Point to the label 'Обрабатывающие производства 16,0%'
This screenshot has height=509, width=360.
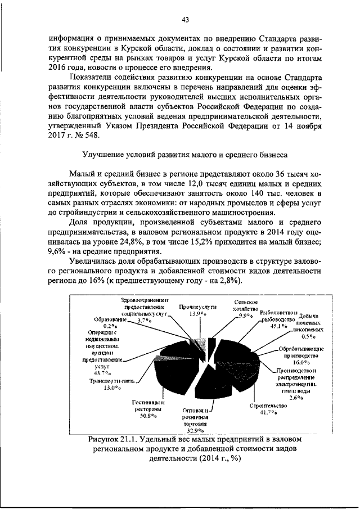(x=300, y=355)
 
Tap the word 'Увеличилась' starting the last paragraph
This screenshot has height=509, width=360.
(x=92, y=262)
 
